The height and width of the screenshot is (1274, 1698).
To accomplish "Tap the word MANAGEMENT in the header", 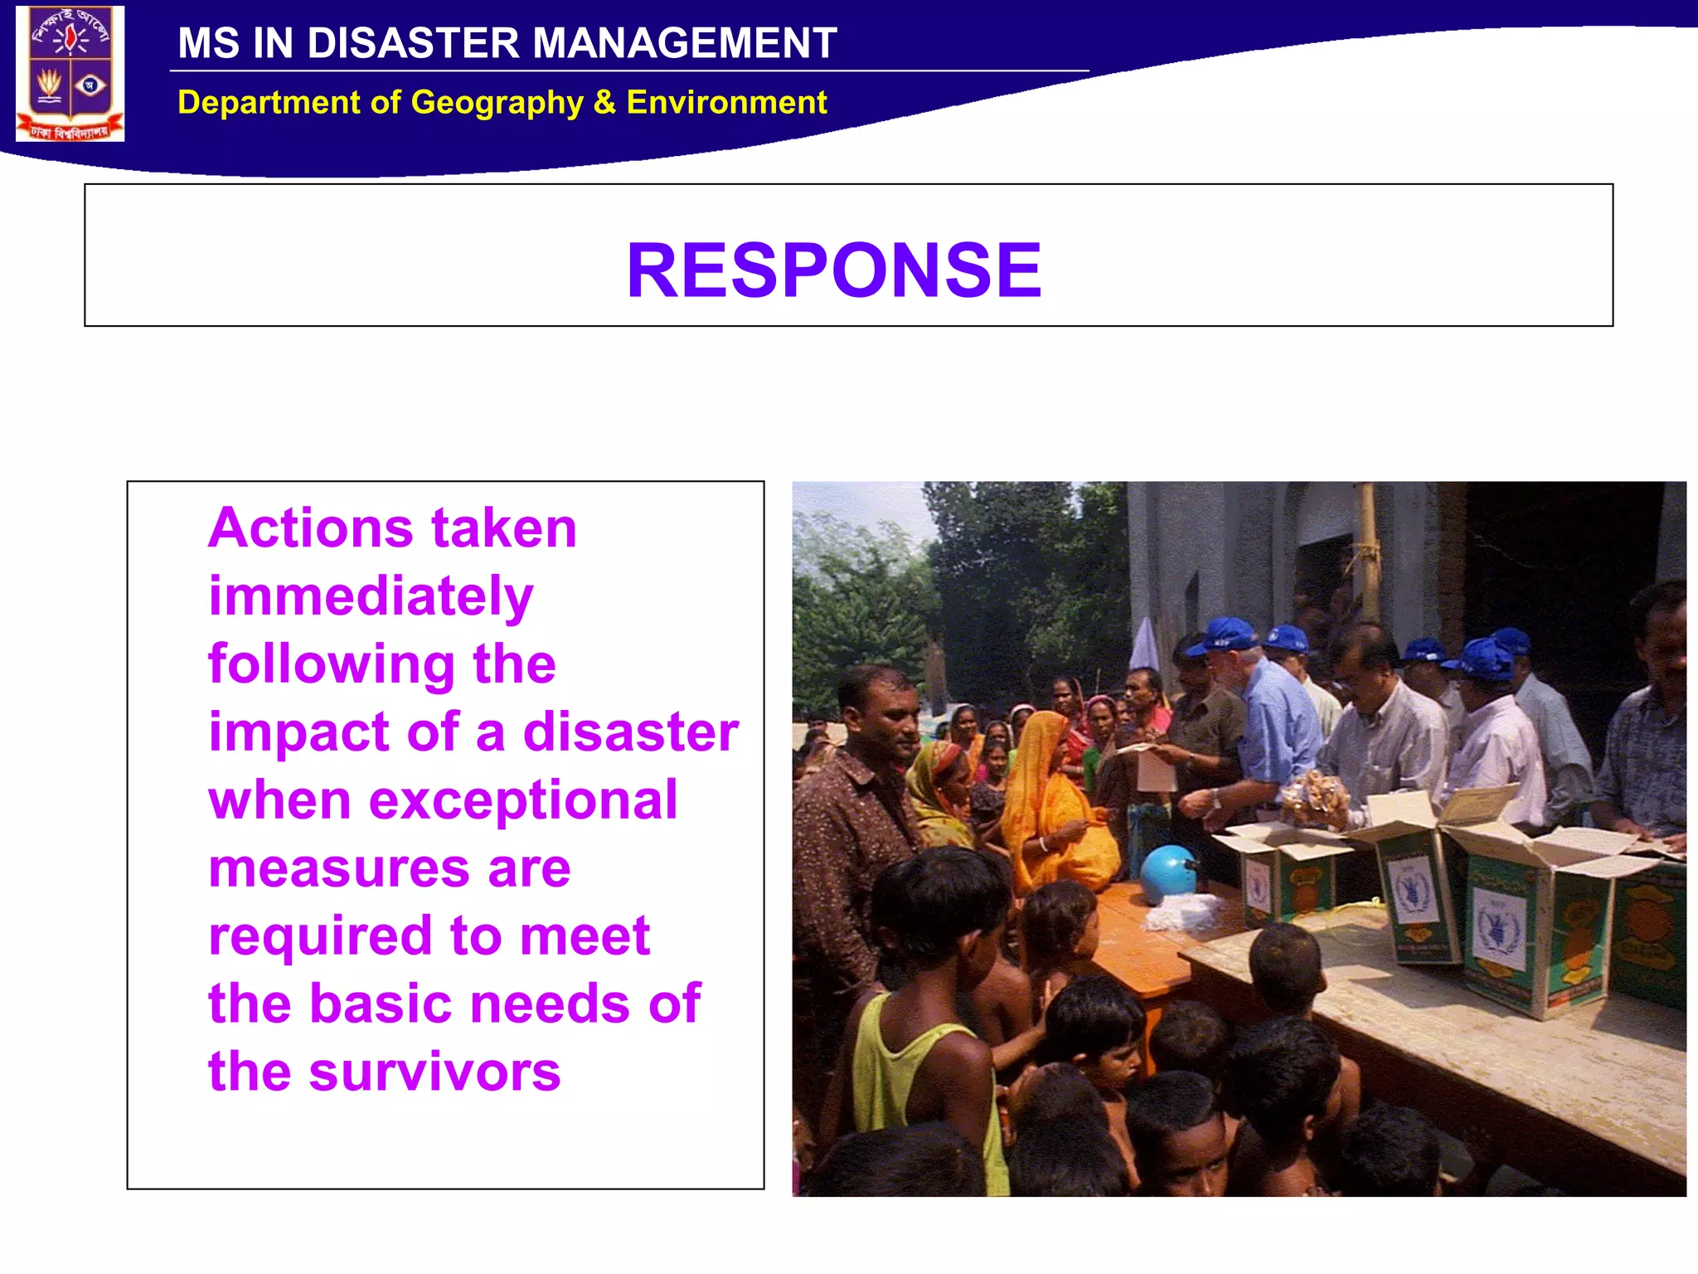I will (684, 43).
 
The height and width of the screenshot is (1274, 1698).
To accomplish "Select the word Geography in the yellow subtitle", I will (497, 103).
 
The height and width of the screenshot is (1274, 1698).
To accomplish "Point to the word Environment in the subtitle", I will (726, 103).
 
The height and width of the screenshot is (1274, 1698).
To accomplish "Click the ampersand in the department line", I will (604, 103).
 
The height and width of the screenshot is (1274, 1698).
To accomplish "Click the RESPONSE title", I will (833, 270).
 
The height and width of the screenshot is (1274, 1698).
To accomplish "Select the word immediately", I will (371, 596).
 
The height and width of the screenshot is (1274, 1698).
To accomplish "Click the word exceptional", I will (523, 800).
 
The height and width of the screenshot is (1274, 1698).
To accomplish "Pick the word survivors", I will (434, 1072).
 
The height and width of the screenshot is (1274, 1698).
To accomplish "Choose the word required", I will (320, 936).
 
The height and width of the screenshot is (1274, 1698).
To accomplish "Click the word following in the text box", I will (331, 664).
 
